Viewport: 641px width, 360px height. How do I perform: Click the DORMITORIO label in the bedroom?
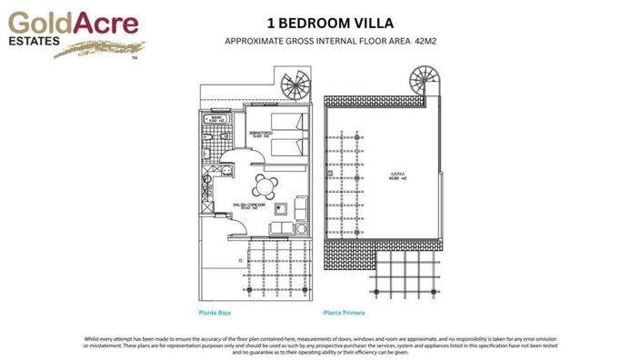coord(259,133)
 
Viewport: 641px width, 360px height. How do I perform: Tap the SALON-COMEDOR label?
coord(244,205)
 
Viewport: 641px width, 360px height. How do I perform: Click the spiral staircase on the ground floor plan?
coord(295,88)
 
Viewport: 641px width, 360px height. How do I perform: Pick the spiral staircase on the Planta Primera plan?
coord(424,80)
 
